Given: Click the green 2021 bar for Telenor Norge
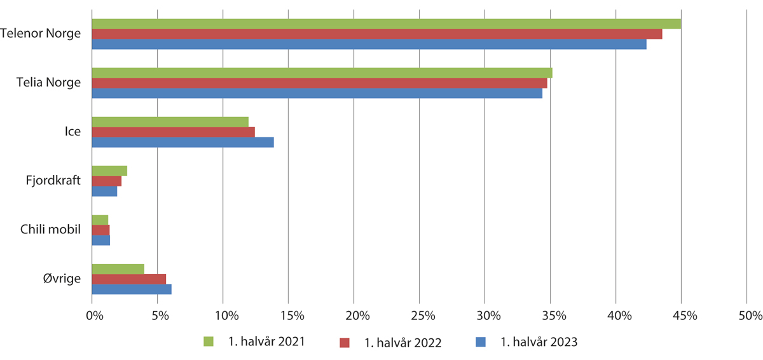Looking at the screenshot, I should pyautogui.click(x=387, y=24).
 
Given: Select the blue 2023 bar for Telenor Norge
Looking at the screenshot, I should pyautogui.click(x=369, y=44).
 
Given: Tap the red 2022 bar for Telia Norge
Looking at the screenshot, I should pyautogui.click(x=319, y=83).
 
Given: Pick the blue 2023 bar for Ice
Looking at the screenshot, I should pyautogui.click(x=182, y=142).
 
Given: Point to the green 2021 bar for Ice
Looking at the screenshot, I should pyautogui.click(x=170, y=121).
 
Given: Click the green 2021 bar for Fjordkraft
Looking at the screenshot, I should pyautogui.click(x=109, y=170).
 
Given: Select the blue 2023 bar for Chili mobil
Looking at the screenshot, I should pyautogui.click(x=100, y=240).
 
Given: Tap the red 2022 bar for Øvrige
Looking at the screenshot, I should pyautogui.click(x=128, y=279).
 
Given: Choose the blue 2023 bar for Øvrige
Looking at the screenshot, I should pyautogui.click(x=132, y=289).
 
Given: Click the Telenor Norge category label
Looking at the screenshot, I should pyautogui.click(x=41, y=34).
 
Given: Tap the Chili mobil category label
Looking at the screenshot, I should pyautogui.click(x=50, y=230).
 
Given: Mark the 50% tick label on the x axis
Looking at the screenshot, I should pyautogui.click(x=750, y=315).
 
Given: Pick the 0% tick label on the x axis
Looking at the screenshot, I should pyautogui.click(x=94, y=315).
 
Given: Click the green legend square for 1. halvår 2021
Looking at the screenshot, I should pyautogui.click(x=209, y=342).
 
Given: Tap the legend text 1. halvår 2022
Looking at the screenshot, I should pyautogui.click(x=402, y=343).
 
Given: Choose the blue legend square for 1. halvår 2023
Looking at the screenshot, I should pyautogui.click(x=481, y=342).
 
